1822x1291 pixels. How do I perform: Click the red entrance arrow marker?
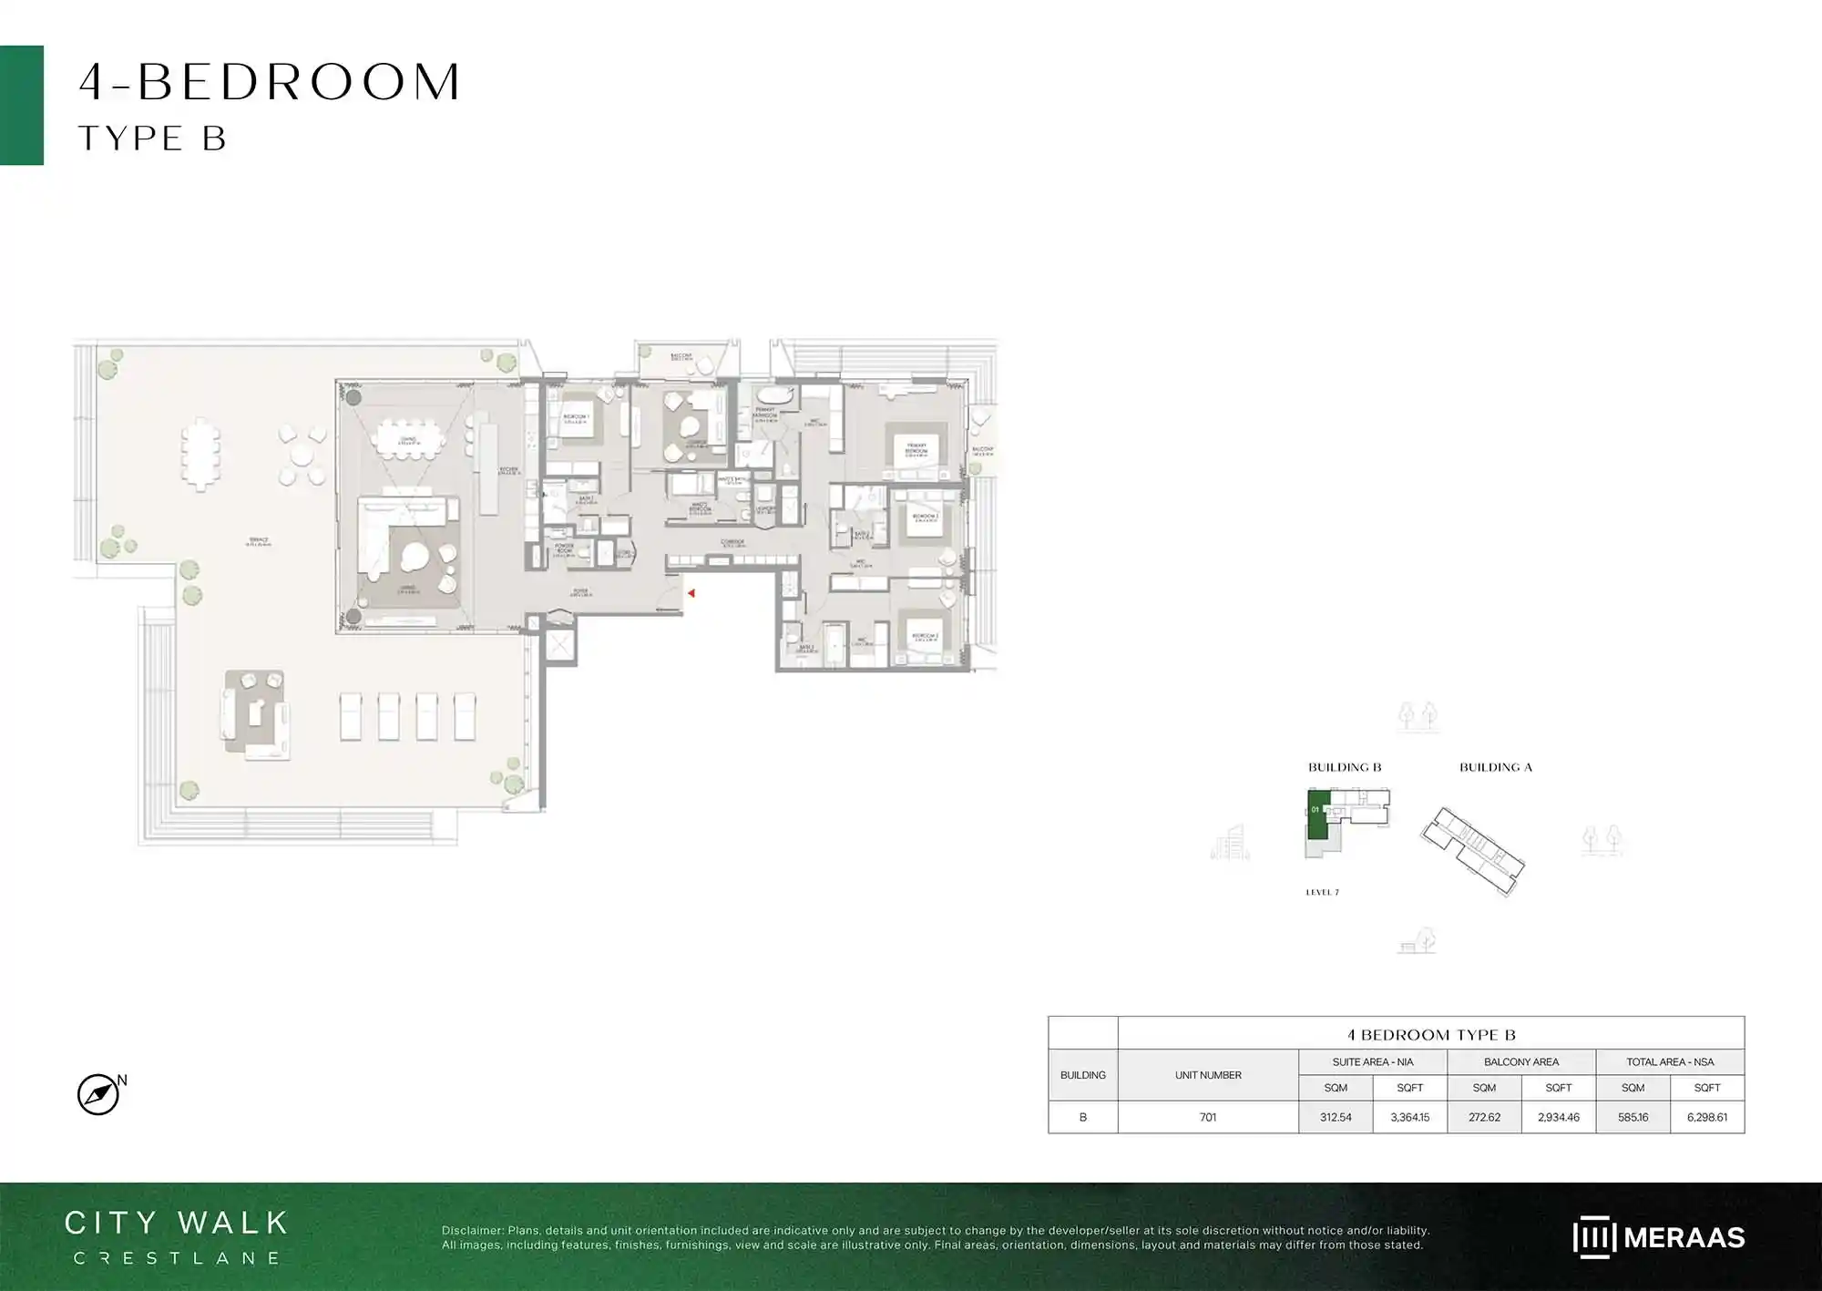pyautogui.click(x=691, y=593)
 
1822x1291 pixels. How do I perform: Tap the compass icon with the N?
pyautogui.click(x=98, y=1094)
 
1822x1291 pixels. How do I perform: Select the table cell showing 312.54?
pyautogui.click(x=1336, y=1117)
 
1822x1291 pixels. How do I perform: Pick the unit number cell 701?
pyautogui.click(x=1207, y=1117)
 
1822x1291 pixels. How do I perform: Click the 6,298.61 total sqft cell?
pyautogui.click(x=1706, y=1117)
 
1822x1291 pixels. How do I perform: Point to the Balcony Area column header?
pyautogui.click(x=1520, y=1061)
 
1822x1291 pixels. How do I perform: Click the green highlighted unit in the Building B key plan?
pyautogui.click(x=1317, y=815)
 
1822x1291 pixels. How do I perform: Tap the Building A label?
pyautogui.click(x=1495, y=767)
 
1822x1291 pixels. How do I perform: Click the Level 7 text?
pyautogui.click(x=1322, y=892)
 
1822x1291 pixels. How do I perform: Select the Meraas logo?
pyautogui.click(x=1658, y=1237)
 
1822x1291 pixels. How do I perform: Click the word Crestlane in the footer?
pyautogui.click(x=177, y=1258)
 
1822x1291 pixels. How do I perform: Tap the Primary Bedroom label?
pyautogui.click(x=916, y=449)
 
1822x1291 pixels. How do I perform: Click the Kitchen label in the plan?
pyautogui.click(x=508, y=471)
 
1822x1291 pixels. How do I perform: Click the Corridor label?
pyautogui.click(x=732, y=543)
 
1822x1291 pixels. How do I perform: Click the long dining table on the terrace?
pyautogui.click(x=200, y=454)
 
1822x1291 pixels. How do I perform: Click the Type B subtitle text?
pyautogui.click(x=152, y=138)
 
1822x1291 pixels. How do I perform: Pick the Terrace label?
pyautogui.click(x=259, y=541)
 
